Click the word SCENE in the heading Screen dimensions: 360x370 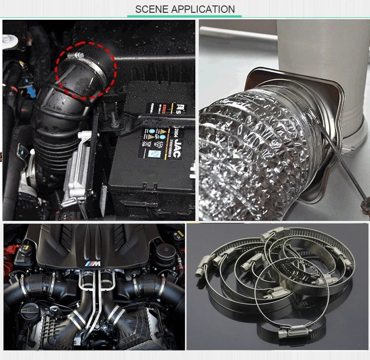coord(151,9)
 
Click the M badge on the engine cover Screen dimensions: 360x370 coord(94,265)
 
